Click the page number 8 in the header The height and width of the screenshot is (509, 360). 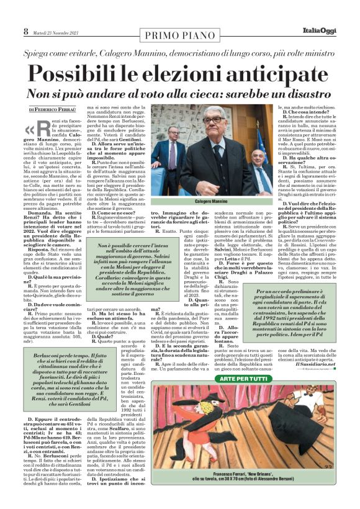pyautogui.click(x=26, y=31)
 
